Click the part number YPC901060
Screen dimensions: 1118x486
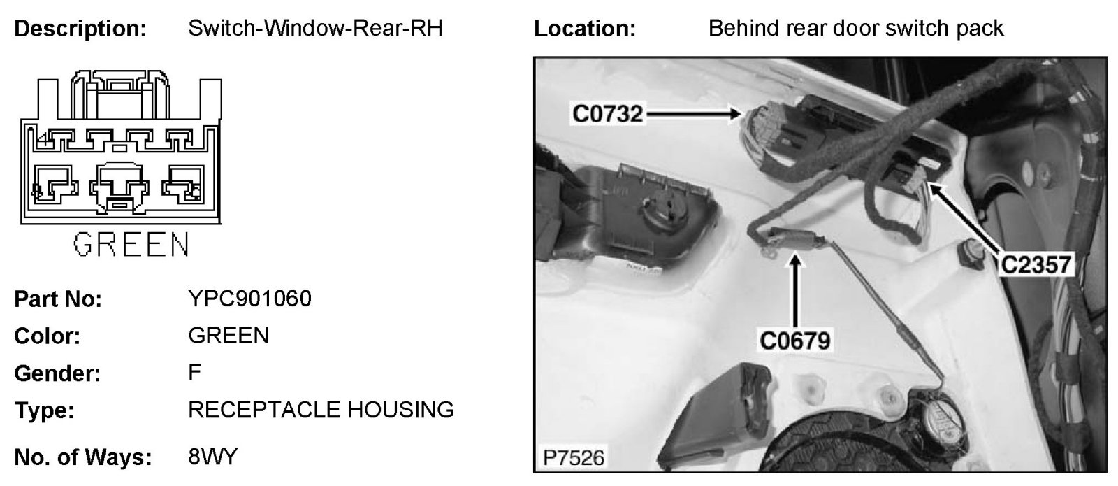click(249, 299)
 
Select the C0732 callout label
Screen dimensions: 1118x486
click(607, 113)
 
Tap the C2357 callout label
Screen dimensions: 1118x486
click(1036, 264)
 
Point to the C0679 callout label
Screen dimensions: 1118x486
click(794, 341)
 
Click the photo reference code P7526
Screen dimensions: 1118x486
click(574, 458)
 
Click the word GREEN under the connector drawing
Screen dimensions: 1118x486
click(131, 245)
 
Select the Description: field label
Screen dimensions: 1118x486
click(80, 29)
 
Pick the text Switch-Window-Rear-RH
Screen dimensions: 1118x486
click(315, 29)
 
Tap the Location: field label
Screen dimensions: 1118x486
click(585, 29)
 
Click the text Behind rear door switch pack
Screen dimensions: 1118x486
click(855, 29)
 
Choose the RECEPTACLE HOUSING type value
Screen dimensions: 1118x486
click(321, 409)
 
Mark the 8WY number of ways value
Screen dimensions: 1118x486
click(213, 457)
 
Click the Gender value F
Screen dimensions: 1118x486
click(194, 372)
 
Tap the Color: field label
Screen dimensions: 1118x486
click(48, 336)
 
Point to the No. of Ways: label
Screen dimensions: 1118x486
click(83, 457)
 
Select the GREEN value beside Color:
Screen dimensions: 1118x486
click(228, 336)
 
